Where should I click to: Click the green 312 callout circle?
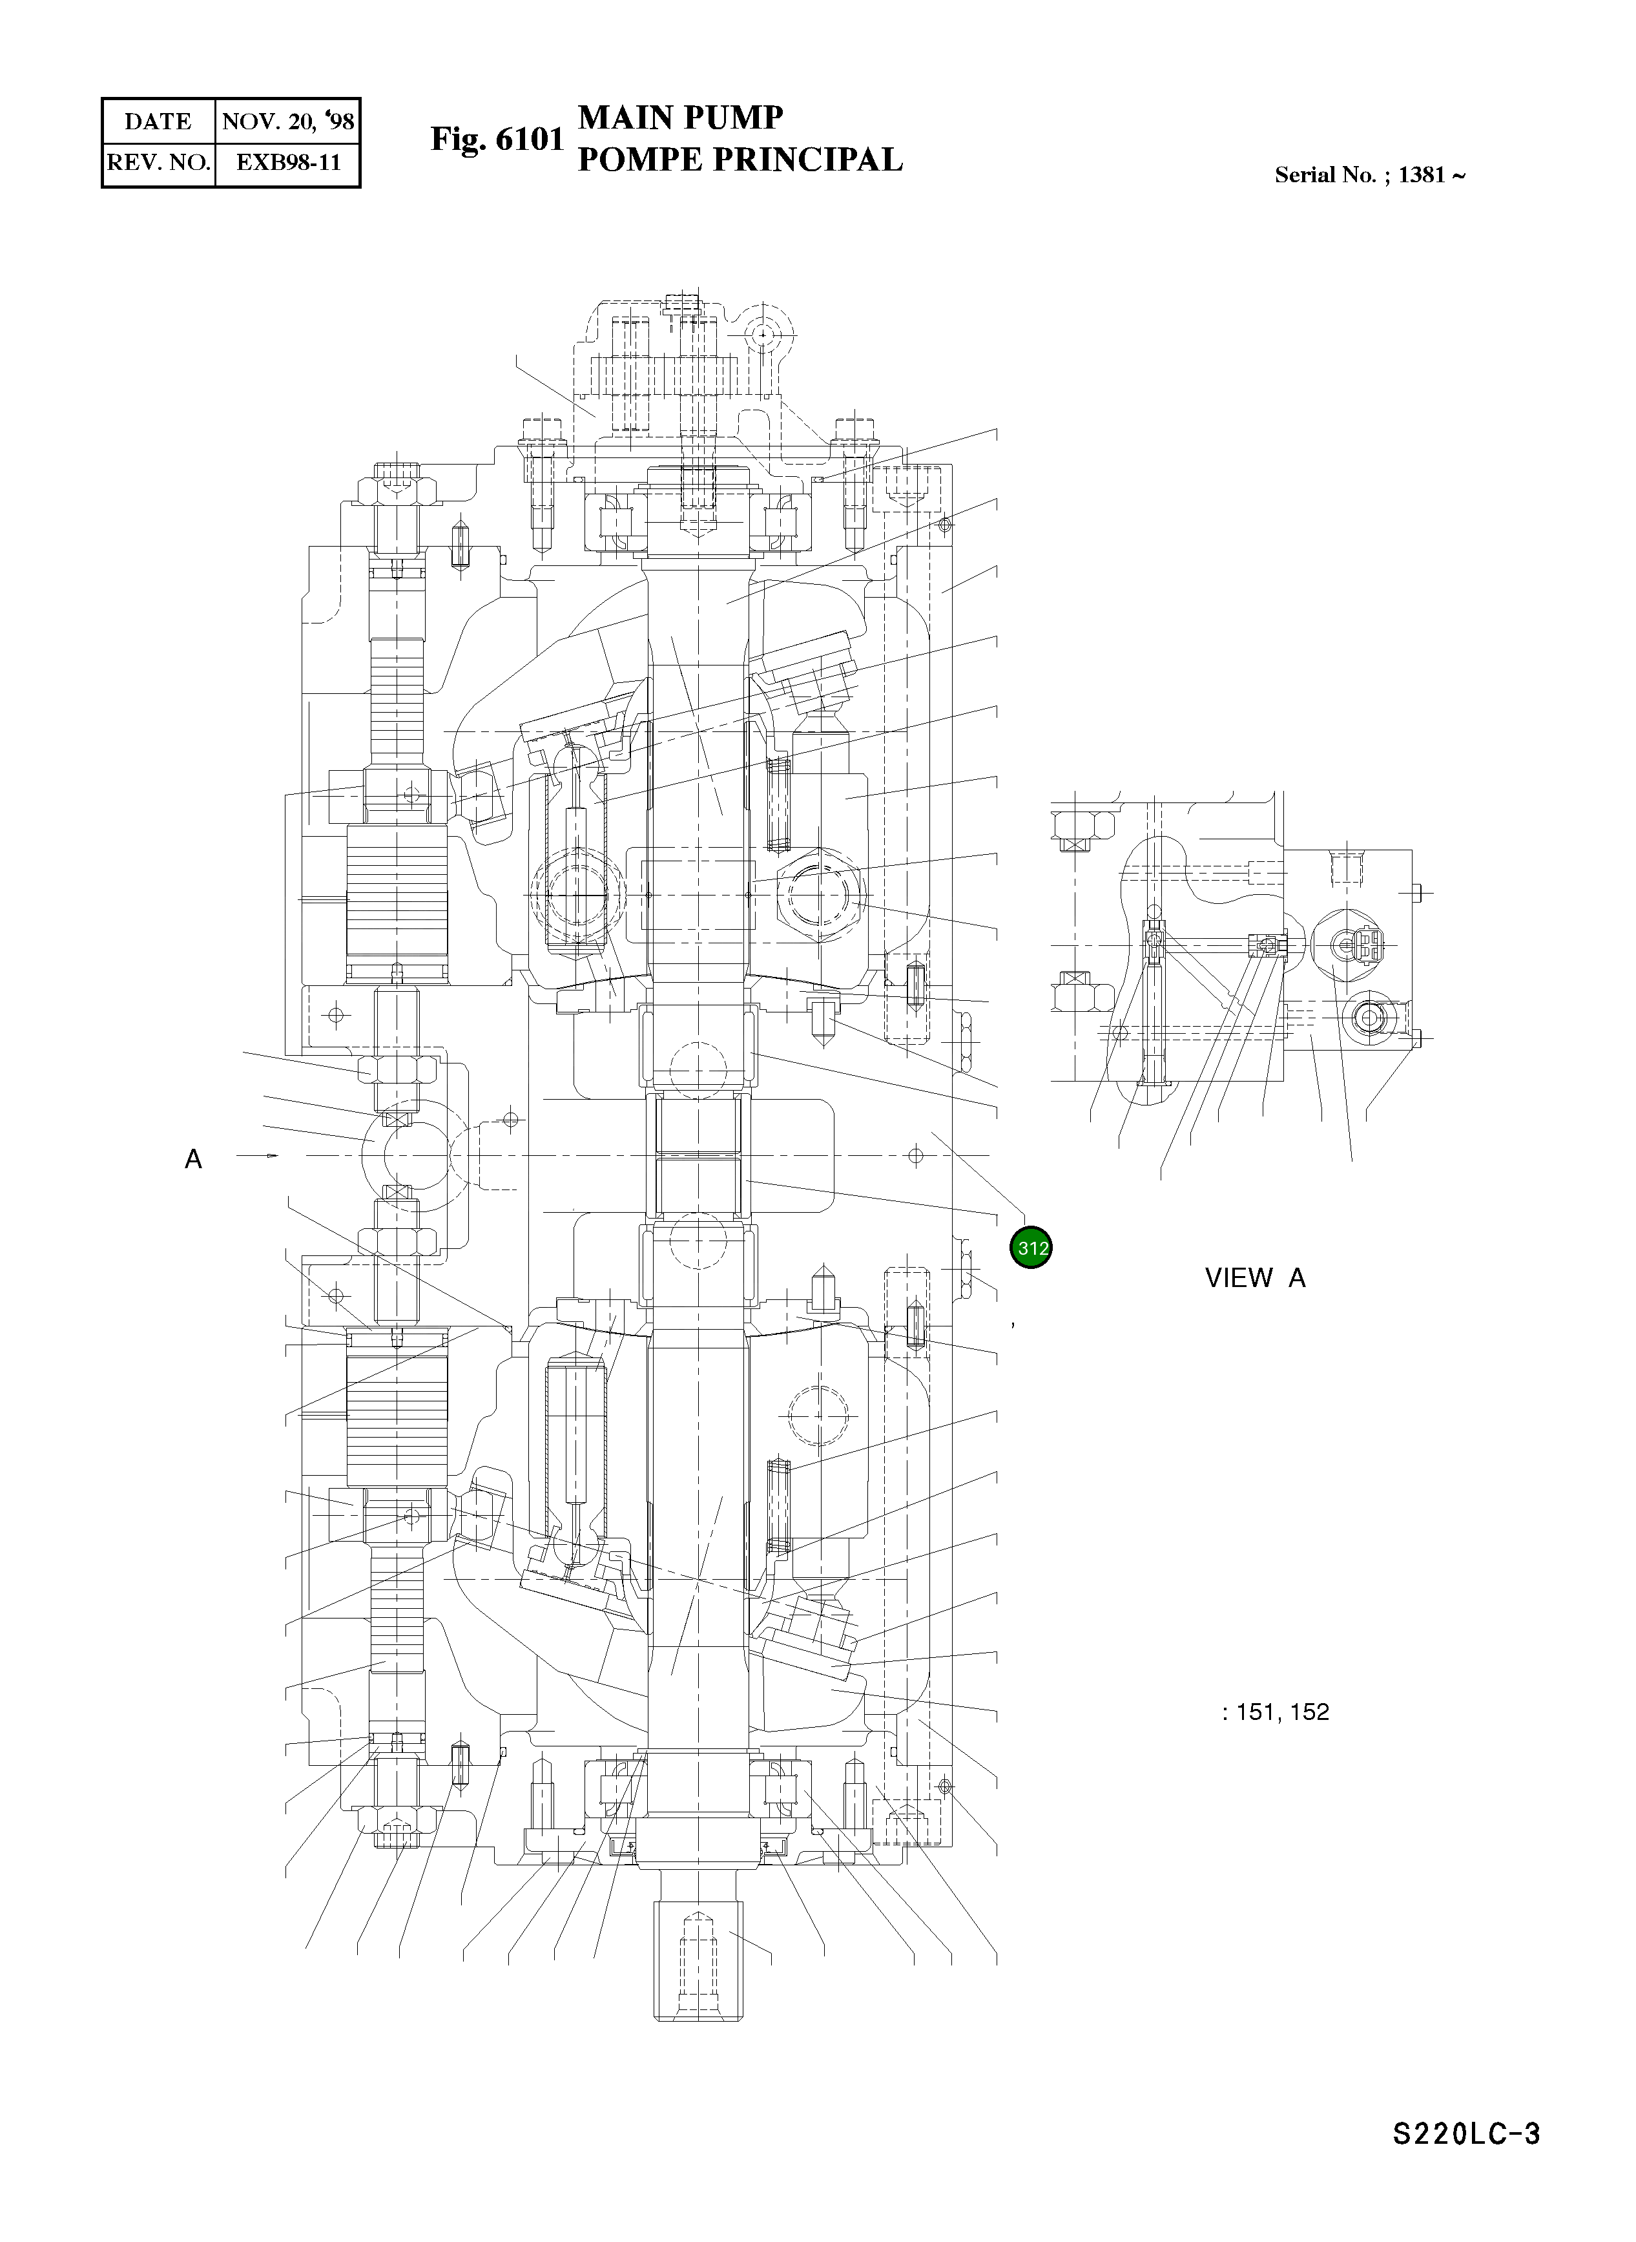[x=1030, y=1248]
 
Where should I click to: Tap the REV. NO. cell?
[x=158, y=162]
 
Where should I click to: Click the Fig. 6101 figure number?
[x=496, y=140]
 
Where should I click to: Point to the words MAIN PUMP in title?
[x=680, y=117]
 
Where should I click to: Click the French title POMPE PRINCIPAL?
[x=739, y=160]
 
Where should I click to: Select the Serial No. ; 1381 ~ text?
[x=1370, y=175]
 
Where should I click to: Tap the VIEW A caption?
[x=1255, y=1278]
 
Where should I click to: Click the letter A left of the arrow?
[x=193, y=1158]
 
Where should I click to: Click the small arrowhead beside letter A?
[x=273, y=1156]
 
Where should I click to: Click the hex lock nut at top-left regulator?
[x=395, y=490]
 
